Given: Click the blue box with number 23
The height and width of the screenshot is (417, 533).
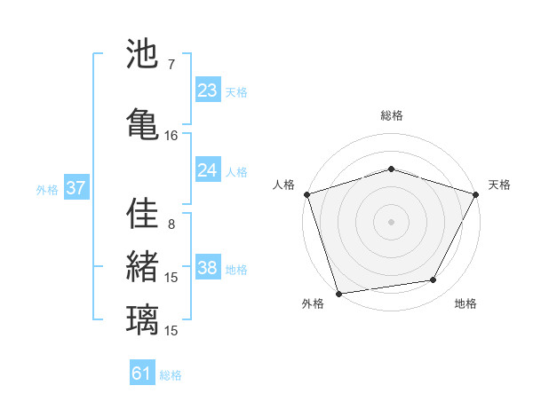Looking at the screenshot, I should (x=208, y=90).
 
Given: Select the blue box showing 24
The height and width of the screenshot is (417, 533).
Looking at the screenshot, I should (x=208, y=170).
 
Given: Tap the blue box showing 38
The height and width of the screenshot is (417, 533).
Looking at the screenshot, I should (x=208, y=269).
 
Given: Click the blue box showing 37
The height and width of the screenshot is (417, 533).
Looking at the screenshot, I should (x=76, y=188).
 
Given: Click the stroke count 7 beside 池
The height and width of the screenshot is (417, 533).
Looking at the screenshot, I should (x=171, y=65).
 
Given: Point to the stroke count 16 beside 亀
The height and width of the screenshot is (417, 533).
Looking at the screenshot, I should (x=171, y=135).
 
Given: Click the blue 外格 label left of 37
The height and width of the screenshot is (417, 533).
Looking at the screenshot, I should (x=47, y=189).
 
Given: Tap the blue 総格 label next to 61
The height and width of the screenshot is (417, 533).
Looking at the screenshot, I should (x=171, y=375).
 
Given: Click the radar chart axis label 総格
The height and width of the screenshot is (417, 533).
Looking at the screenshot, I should (x=391, y=115).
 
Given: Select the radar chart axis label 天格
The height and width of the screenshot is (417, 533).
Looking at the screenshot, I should (x=499, y=185).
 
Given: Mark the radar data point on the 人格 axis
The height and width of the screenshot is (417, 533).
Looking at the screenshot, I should (x=307, y=194).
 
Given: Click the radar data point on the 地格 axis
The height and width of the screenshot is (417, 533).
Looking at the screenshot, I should (x=434, y=280).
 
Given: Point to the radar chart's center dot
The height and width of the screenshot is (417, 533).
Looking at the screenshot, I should (x=391, y=221).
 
